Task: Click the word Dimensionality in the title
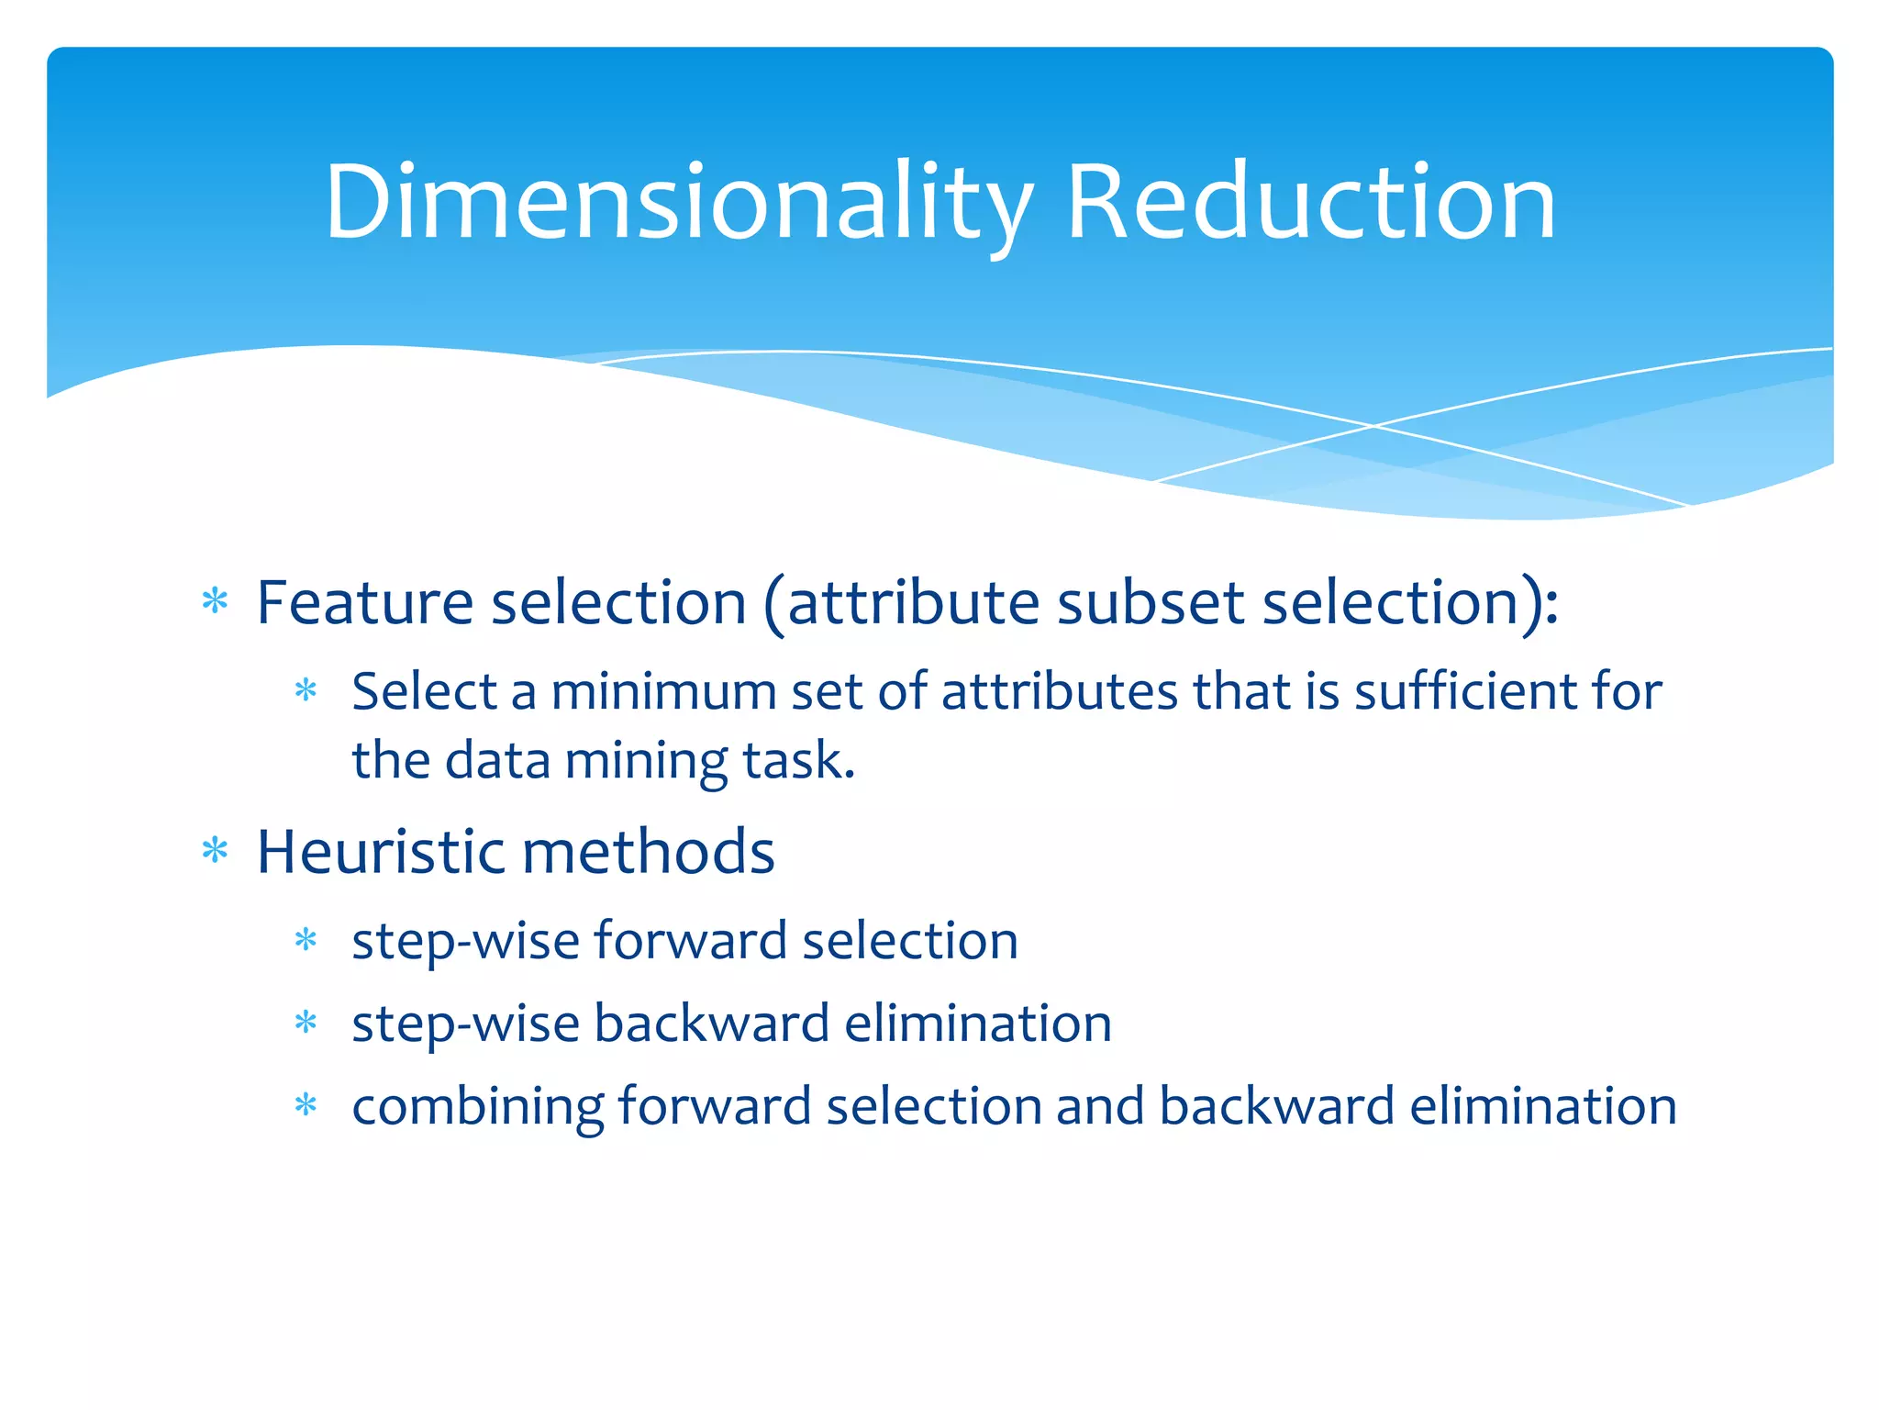[x=679, y=204]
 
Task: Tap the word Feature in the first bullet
[x=364, y=603]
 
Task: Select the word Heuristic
[x=381, y=852]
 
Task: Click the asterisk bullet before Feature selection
[x=215, y=601]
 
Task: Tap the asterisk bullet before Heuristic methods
[x=215, y=851]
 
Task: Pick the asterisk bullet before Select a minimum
[x=306, y=690]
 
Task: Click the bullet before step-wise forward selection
[x=306, y=940]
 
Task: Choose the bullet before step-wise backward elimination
[x=306, y=1023]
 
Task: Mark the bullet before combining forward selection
[x=306, y=1105]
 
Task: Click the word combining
[x=477, y=1107]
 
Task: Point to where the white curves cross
[x=1373, y=426]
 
